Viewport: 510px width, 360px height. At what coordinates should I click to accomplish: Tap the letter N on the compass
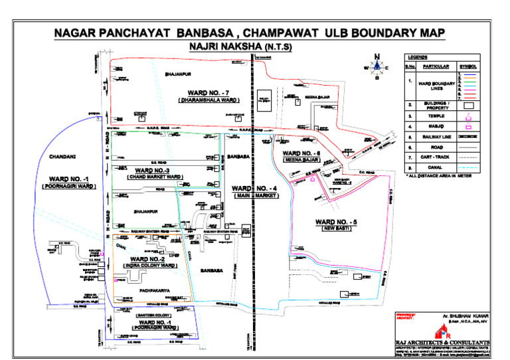click(x=377, y=56)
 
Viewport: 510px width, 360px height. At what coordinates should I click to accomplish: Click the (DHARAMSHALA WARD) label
click(x=209, y=100)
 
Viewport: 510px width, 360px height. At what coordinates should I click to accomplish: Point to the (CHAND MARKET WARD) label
click(x=154, y=177)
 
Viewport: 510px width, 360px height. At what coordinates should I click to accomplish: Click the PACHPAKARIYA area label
click(x=156, y=291)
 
